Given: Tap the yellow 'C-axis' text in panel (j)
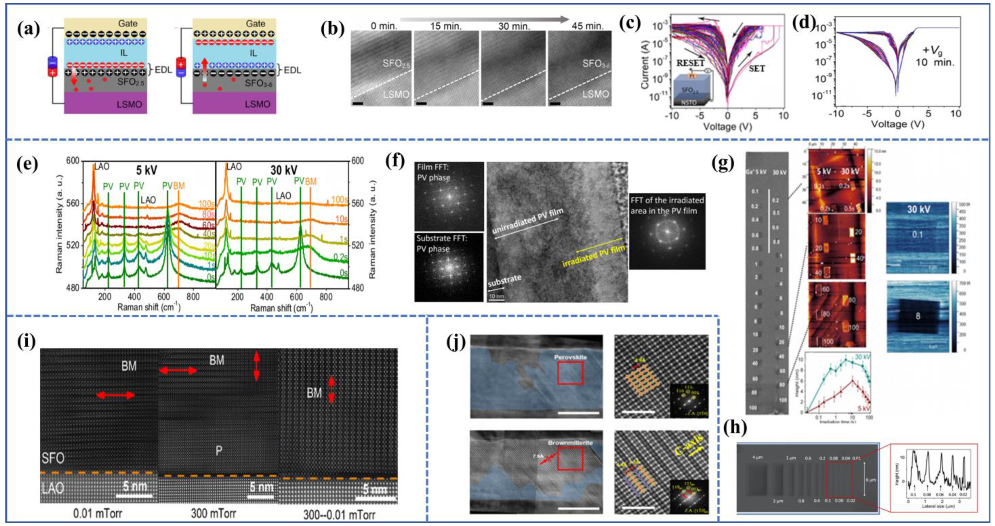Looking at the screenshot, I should [691, 445].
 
